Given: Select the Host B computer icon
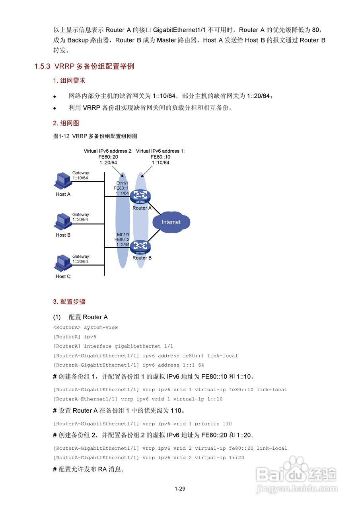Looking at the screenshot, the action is click(62, 221).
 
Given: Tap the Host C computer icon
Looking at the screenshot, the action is click(62, 263).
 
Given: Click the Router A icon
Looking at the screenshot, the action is click(140, 196).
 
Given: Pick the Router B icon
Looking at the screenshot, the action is click(140, 247).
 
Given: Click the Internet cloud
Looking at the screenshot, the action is click(171, 222).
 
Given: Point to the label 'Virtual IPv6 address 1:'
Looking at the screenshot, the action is click(160, 151).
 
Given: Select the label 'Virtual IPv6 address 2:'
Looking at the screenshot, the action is click(108, 151).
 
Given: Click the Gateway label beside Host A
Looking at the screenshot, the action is click(81, 175).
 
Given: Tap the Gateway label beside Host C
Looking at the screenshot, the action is click(81, 259).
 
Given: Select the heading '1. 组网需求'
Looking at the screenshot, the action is click(69, 81).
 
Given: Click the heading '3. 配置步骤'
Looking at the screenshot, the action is click(69, 302).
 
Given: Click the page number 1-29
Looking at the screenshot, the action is click(180, 489).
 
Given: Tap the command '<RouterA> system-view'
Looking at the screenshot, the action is click(86, 328).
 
